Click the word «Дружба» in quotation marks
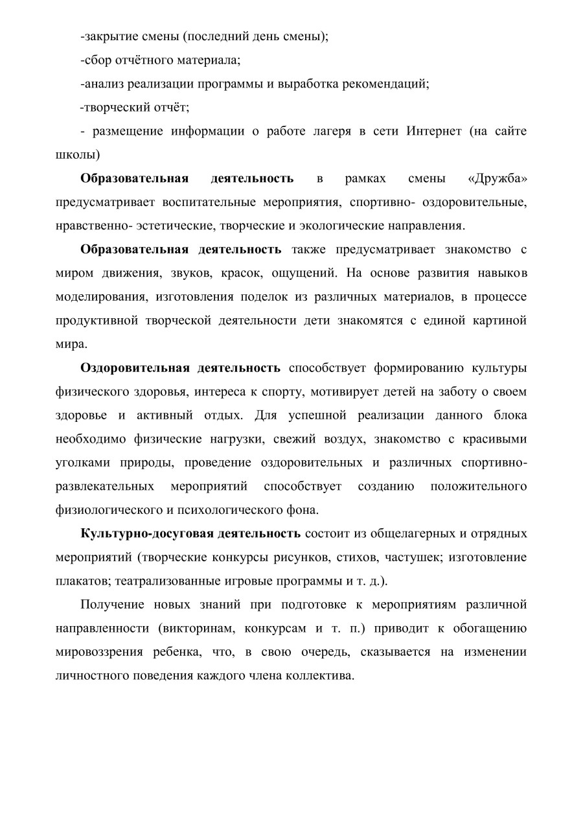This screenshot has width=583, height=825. point(497,178)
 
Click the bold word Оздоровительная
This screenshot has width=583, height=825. point(135,368)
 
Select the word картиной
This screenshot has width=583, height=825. point(500,320)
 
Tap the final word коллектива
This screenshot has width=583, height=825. point(320,675)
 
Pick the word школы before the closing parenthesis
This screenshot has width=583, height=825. point(75,155)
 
